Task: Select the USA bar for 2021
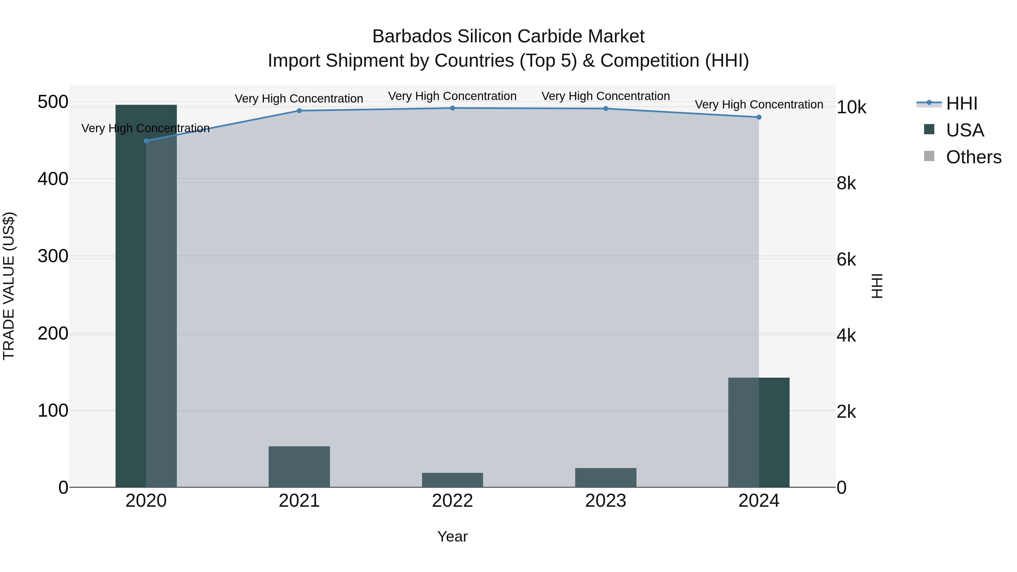[299, 467]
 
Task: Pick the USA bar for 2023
[606, 477]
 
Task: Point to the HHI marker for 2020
[146, 141]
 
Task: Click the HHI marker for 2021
[299, 111]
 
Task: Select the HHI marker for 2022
[453, 108]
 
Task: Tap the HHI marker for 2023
[606, 108]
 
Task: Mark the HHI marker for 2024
[759, 117]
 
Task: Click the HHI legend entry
[961, 103]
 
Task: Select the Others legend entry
[973, 157]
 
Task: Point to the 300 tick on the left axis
[53, 256]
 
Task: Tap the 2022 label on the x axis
[453, 501]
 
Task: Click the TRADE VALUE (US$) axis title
[9, 286]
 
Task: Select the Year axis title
[453, 536]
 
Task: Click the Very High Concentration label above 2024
[759, 105]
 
